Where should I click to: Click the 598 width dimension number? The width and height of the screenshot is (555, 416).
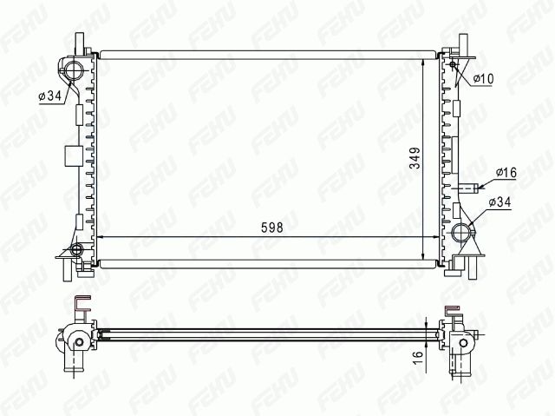271,228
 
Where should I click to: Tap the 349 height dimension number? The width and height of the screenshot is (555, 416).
415,158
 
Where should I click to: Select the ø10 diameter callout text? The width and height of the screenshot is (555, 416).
483,79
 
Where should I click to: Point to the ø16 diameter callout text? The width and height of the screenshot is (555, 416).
506,173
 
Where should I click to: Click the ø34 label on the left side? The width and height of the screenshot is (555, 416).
50,96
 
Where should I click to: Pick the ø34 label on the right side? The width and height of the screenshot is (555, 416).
499,202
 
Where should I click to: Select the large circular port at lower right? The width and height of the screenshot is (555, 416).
461,233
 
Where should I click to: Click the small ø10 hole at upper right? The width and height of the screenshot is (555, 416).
452,64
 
